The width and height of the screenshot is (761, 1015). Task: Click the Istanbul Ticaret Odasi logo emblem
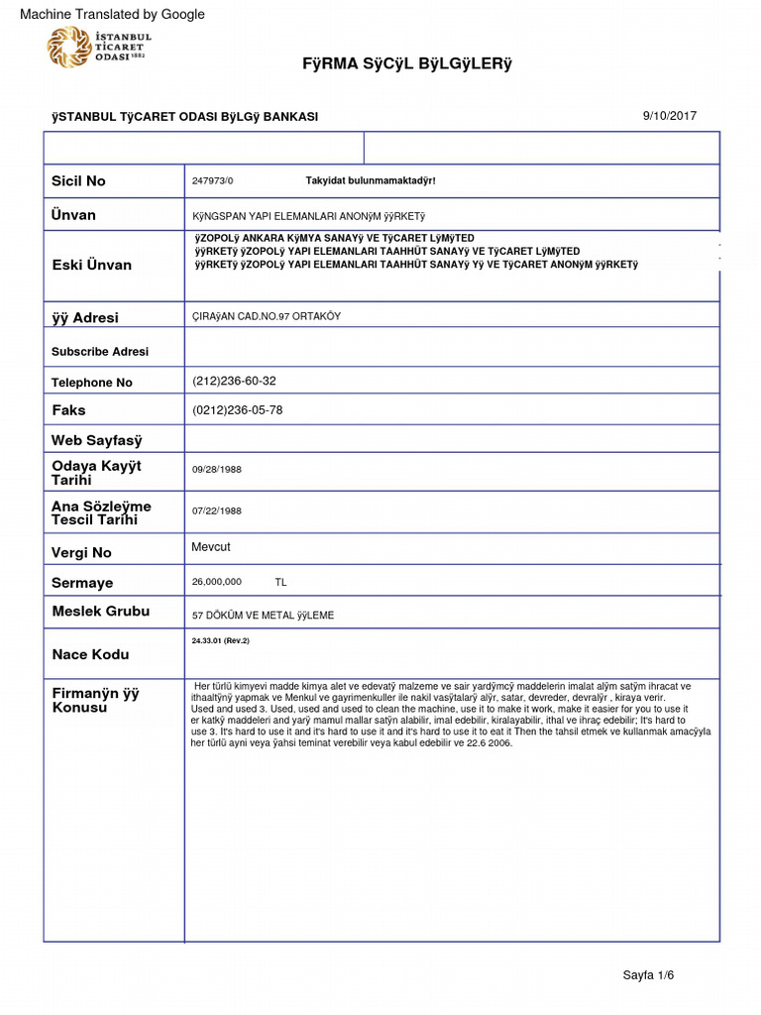tap(67, 48)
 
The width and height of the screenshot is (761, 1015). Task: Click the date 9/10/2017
tap(670, 116)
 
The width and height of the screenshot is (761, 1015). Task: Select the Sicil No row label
tap(78, 180)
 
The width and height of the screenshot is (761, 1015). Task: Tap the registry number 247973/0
tap(213, 181)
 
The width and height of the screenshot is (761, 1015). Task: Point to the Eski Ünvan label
tap(91, 265)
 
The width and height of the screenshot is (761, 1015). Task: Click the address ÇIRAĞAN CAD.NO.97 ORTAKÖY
tap(266, 315)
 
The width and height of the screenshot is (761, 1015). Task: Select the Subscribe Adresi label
tap(99, 352)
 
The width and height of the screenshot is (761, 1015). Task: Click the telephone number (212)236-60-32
tap(234, 381)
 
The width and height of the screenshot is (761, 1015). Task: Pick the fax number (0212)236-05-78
tap(237, 410)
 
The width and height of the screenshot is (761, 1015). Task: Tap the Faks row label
tap(68, 410)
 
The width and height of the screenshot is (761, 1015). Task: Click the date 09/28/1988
tap(217, 470)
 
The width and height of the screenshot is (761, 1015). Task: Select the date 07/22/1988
tap(217, 511)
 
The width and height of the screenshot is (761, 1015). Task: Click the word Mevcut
tap(211, 547)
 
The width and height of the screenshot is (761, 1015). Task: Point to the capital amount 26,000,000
tap(217, 582)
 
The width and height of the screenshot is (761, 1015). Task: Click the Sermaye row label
tap(82, 583)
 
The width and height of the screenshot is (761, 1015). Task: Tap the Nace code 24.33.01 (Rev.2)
tap(221, 640)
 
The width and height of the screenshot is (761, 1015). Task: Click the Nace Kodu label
tap(90, 654)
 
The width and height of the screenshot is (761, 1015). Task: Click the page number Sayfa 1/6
tap(648, 975)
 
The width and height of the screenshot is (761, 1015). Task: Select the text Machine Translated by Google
tap(112, 14)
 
